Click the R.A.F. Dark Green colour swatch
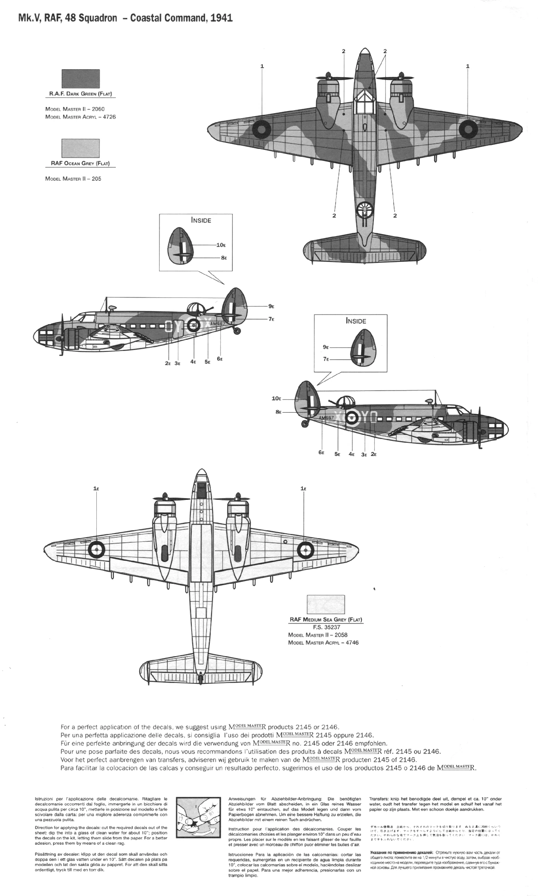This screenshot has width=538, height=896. [x=81, y=79]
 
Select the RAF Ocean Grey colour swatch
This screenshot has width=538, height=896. [x=81, y=148]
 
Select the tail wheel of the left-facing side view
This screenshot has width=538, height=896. [x=237, y=330]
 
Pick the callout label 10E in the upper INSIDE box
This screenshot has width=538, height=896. [x=221, y=245]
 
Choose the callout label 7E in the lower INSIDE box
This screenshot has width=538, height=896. [x=326, y=358]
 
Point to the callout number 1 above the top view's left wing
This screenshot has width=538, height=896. [x=262, y=66]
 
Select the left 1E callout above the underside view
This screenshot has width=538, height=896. [x=96, y=489]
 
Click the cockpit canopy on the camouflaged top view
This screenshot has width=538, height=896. [x=364, y=100]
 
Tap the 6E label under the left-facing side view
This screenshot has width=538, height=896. [x=219, y=359]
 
